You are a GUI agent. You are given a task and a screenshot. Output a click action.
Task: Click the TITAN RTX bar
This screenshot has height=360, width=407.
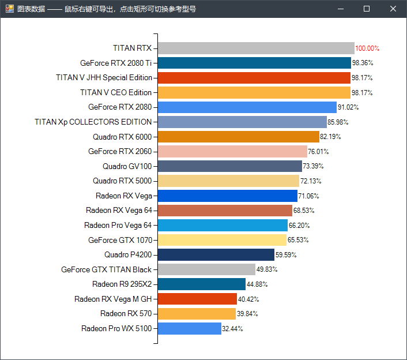click(x=256, y=48)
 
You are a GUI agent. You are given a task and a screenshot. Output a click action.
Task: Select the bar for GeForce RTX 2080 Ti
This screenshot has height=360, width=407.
click(x=254, y=63)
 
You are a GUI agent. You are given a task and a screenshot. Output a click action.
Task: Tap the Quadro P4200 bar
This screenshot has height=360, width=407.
click(x=216, y=254)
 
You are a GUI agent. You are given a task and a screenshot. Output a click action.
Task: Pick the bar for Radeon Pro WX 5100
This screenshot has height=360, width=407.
click(x=190, y=328)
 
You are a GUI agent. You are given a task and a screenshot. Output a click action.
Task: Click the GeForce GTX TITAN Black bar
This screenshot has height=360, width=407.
click(x=206, y=269)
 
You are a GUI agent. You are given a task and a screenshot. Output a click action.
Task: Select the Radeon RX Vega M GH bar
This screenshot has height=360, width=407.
click(x=197, y=299)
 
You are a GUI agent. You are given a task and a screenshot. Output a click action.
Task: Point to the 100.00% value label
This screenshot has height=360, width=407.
click(x=367, y=48)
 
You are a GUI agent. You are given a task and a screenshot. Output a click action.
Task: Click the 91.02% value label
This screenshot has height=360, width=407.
click(x=348, y=107)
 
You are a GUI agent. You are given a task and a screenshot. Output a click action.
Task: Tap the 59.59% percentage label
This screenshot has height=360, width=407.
click(x=287, y=254)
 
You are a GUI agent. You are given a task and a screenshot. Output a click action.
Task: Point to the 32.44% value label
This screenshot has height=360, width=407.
click(x=232, y=329)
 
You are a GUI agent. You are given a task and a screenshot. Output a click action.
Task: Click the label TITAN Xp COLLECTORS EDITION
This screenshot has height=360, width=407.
click(x=93, y=122)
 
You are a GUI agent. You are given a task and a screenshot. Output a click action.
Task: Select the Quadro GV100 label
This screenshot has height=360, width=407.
click(x=127, y=166)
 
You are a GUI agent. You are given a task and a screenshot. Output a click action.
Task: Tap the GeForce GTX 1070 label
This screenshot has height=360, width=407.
click(x=120, y=240)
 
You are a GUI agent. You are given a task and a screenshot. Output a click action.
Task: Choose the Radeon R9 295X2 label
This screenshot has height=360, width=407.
click(x=122, y=284)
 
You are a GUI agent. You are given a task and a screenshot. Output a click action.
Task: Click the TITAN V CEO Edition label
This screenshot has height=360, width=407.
click(x=116, y=92)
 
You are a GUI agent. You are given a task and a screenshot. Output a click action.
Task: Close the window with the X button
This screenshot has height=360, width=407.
click(x=393, y=9)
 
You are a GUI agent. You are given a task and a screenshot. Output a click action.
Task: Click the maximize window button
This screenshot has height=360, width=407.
click(x=367, y=9)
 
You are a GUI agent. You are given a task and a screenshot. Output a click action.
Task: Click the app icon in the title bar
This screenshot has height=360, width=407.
click(x=9, y=9)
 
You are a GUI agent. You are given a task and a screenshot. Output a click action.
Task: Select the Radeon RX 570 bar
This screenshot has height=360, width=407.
click(x=197, y=314)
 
